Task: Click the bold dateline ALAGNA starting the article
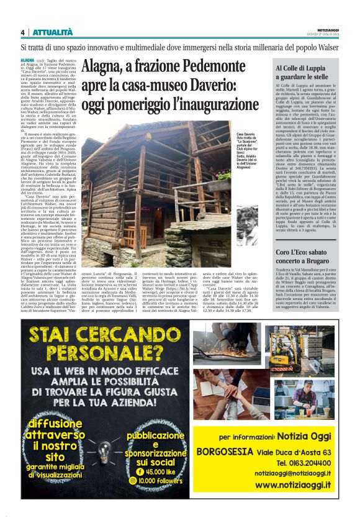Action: click(x=28, y=57)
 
